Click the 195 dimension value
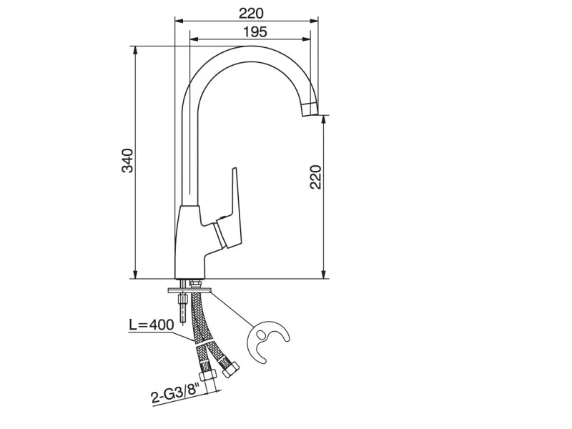(x=255, y=32)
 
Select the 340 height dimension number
(x=128, y=160)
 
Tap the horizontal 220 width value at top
(x=251, y=14)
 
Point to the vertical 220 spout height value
(x=316, y=177)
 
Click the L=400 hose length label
(x=152, y=325)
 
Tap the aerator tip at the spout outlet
(x=310, y=109)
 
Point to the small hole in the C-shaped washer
(x=261, y=334)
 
